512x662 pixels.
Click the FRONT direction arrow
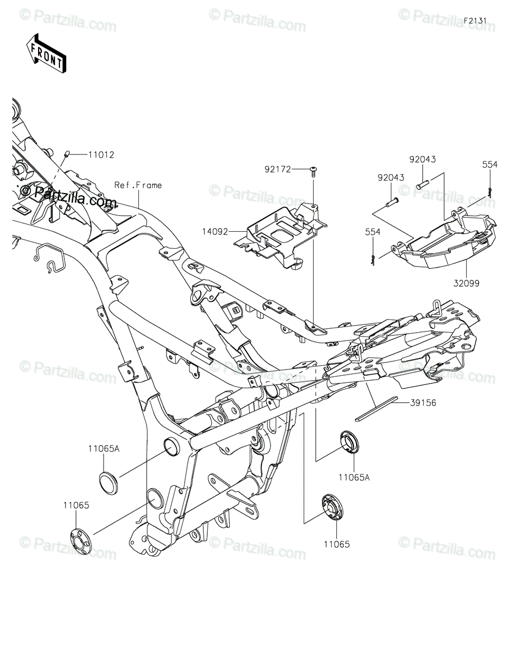click(x=46, y=53)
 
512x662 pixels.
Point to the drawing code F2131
click(x=475, y=20)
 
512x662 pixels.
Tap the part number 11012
click(x=101, y=155)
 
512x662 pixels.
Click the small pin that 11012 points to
click(x=66, y=154)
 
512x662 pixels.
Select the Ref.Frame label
click(x=138, y=185)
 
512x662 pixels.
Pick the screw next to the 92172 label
click(x=314, y=171)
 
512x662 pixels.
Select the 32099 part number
click(x=466, y=283)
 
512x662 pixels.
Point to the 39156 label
click(x=423, y=403)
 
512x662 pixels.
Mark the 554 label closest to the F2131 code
click(x=489, y=164)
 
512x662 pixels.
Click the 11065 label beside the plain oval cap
click(x=76, y=505)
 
